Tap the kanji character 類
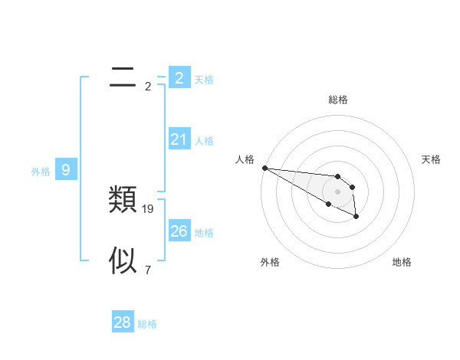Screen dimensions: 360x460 click(x=123, y=200)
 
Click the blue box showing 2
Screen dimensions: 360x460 click(x=179, y=77)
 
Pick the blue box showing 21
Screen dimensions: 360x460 click(x=179, y=139)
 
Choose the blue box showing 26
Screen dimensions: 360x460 click(x=179, y=231)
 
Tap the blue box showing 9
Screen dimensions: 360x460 click(x=66, y=170)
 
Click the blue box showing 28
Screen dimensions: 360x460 click(x=123, y=322)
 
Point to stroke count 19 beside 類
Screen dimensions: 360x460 click(x=148, y=208)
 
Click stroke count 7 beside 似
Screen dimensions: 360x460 click(x=147, y=270)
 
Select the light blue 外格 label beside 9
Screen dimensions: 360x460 click(x=41, y=172)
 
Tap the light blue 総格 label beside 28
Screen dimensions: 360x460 click(x=147, y=324)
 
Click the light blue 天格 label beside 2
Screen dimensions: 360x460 click(x=204, y=80)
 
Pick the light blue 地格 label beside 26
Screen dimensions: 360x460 click(x=204, y=233)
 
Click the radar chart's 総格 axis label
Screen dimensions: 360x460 click(x=337, y=100)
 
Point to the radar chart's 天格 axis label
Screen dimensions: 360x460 click(x=432, y=159)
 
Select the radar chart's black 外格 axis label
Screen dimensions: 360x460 click(x=270, y=262)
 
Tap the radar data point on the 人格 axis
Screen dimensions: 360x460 click(x=264, y=168)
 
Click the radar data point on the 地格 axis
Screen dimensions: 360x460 click(x=356, y=218)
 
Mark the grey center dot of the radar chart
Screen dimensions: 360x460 click(x=337, y=191)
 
